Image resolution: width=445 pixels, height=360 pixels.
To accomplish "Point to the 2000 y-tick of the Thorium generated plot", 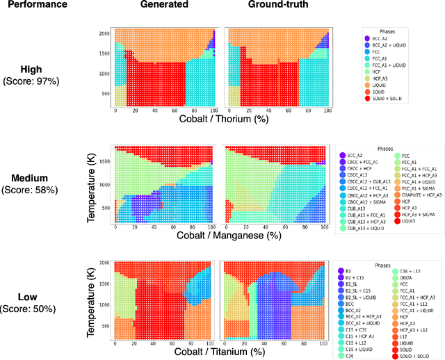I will point(104,33).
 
